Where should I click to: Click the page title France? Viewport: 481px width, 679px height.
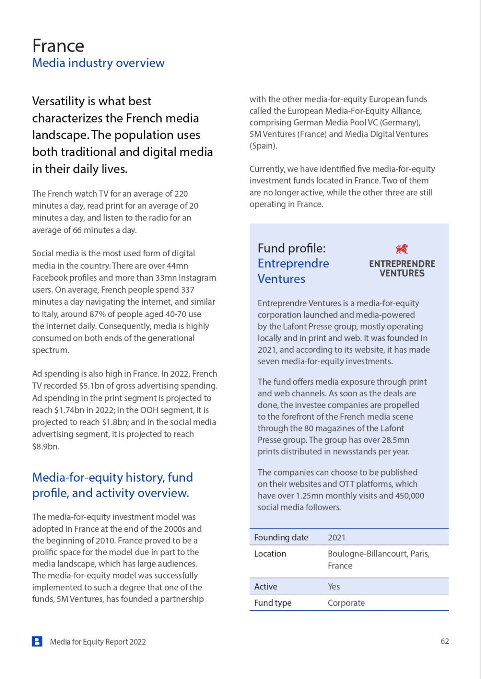58,46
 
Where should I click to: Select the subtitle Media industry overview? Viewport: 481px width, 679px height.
98,63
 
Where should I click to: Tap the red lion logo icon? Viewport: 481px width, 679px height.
402,249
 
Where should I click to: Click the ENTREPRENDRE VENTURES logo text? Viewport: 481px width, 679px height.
402,269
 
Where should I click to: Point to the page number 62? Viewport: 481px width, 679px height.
445,641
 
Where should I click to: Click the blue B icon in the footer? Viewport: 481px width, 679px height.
37,641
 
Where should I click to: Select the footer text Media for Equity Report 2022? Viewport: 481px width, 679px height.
98,642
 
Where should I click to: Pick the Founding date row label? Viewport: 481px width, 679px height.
281,537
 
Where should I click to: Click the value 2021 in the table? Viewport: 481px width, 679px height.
336,538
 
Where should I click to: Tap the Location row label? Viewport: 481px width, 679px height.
270,554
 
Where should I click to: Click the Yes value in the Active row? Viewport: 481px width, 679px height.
333,587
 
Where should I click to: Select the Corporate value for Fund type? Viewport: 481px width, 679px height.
346,603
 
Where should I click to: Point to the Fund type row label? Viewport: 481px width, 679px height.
273,603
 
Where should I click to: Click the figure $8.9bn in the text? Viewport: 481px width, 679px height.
46,446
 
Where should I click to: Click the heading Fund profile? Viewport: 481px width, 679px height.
291,248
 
